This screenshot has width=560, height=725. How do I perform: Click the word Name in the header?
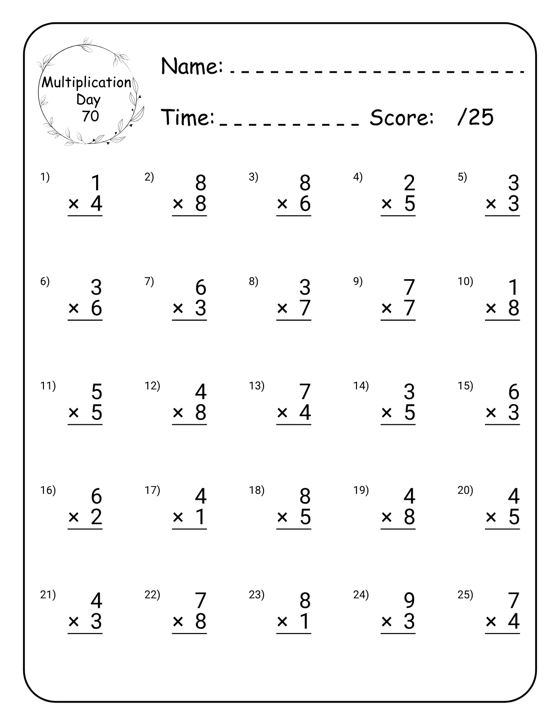coord(192,66)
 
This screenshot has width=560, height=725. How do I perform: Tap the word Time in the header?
coord(188,118)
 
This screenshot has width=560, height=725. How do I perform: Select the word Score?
coord(401,118)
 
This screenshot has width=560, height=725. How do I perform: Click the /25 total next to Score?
coord(475,118)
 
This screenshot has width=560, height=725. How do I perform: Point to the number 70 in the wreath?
coord(90,116)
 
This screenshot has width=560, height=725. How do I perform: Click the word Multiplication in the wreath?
coord(86,83)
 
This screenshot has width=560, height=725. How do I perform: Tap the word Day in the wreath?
coord(88,99)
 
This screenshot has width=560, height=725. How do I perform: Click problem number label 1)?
coord(45,177)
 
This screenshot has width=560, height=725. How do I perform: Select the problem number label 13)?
coord(257,386)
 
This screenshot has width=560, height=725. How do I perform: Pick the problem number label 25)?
coord(465,595)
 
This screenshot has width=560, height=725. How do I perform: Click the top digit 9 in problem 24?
coord(409,601)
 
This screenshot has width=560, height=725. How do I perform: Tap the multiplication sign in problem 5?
coord(491,204)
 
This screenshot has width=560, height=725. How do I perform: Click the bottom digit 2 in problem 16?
coord(96,517)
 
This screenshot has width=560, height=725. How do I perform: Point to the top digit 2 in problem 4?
coord(409,183)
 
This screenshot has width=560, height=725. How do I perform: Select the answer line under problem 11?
coord(85,425)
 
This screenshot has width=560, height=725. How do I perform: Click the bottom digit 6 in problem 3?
coord(305,204)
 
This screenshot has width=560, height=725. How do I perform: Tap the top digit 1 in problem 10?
coord(513,287)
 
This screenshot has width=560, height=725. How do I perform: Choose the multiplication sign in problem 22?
coord(178,622)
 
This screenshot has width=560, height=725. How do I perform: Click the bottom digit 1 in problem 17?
coord(200,517)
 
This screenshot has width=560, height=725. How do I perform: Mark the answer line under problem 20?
coord(502,529)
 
